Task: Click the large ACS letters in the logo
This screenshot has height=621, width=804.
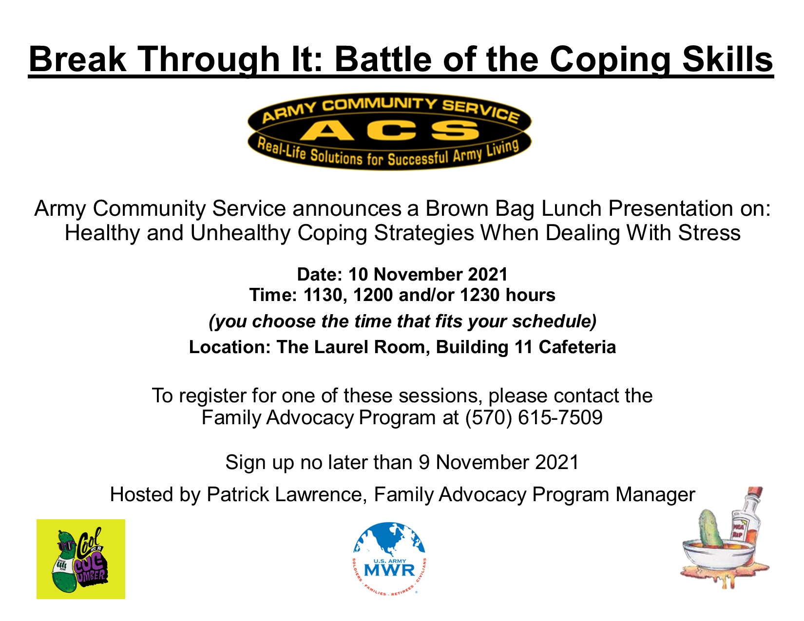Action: (x=390, y=131)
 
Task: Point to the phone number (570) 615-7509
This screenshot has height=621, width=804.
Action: (x=534, y=418)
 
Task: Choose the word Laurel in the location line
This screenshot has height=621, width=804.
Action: (x=345, y=347)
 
